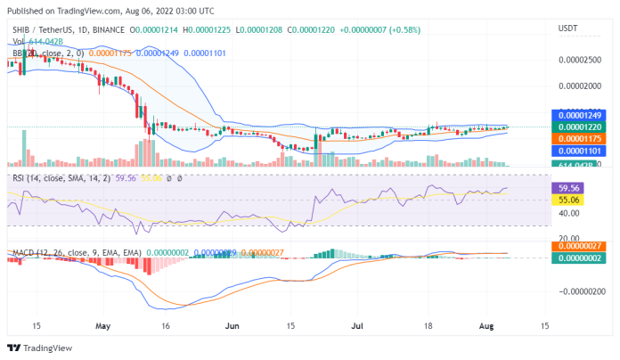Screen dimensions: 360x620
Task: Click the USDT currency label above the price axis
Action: [x=567, y=29]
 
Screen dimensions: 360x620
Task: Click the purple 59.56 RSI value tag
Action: [x=568, y=189]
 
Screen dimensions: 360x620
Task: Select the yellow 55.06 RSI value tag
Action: [x=568, y=200]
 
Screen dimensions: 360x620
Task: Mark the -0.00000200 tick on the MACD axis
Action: [x=579, y=291]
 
